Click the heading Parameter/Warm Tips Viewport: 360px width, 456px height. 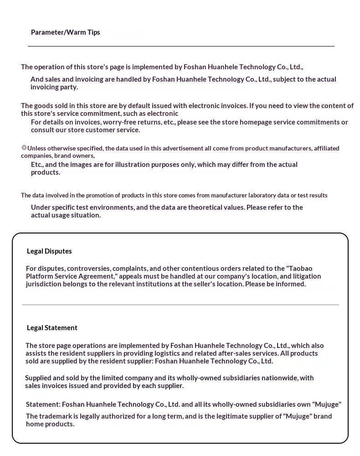click(65, 32)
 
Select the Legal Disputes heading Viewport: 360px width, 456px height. click(49, 251)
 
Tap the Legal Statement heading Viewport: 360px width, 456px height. click(52, 328)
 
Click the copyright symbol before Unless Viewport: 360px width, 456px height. click(24, 148)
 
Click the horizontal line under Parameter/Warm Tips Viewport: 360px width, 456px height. click(181, 46)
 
